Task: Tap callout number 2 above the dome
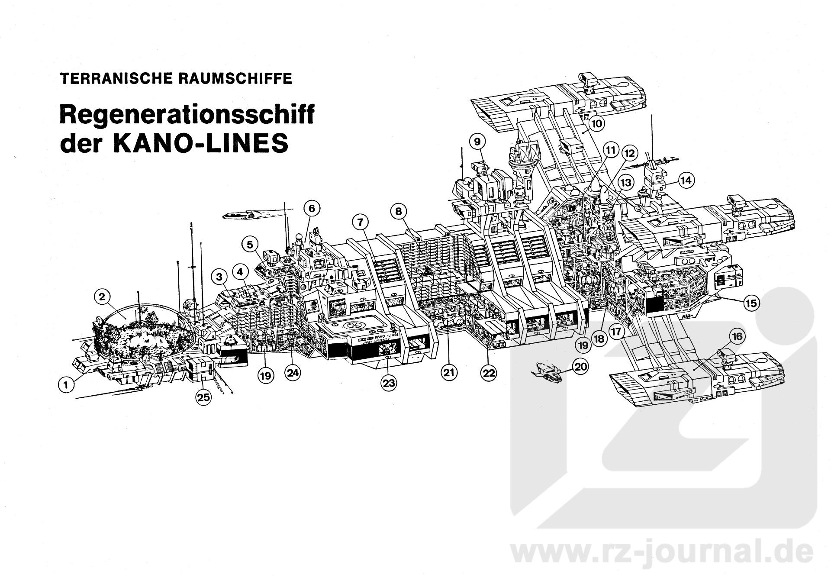point(102,297)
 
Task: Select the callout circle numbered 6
point(312,208)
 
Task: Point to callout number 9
point(477,142)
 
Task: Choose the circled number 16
point(737,336)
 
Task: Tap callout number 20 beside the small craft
point(580,367)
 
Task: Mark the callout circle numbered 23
point(389,383)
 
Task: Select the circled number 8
point(399,212)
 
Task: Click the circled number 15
point(751,303)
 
